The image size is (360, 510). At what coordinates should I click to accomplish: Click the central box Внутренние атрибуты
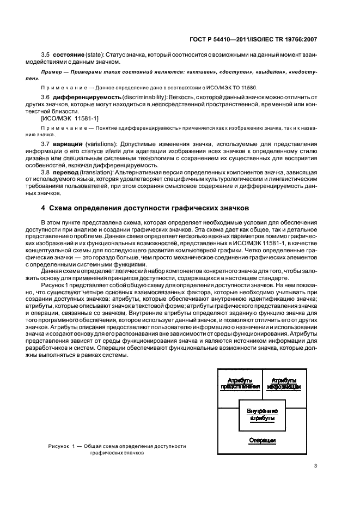pos(261,415)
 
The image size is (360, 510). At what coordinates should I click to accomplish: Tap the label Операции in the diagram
pos(261,440)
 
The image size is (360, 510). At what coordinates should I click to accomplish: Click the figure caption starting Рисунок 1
pos(117,449)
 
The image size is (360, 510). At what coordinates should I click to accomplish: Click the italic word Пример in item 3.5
pos(53,72)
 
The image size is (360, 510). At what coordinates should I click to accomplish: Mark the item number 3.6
pos(46,96)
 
